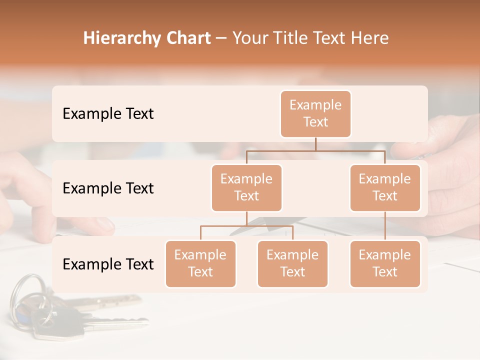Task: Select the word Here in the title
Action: pyautogui.click(x=370, y=38)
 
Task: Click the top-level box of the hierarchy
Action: pyautogui.click(x=315, y=114)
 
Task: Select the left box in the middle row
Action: pyautogui.click(x=246, y=188)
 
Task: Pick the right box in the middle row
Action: pyautogui.click(x=385, y=188)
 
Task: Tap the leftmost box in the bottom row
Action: pyautogui.click(x=200, y=264)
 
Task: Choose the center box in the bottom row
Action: pyautogui.click(x=292, y=264)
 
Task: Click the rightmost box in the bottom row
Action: pyautogui.click(x=385, y=264)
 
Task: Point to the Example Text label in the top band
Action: pyautogui.click(x=108, y=114)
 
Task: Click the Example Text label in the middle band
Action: pyautogui.click(x=108, y=188)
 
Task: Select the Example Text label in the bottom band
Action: pyautogui.click(x=108, y=264)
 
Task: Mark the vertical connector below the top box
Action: pyautogui.click(x=315, y=144)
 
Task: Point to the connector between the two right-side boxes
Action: pyautogui.click(x=385, y=226)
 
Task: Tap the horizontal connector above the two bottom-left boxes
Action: pyautogui.click(x=246, y=226)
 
